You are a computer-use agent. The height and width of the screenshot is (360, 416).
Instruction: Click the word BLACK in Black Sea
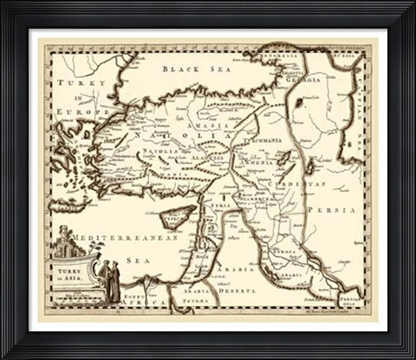[x=177, y=67]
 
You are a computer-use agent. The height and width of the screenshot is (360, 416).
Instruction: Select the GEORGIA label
[x=305, y=79]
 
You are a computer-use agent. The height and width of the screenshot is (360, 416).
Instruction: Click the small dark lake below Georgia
[x=299, y=102]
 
